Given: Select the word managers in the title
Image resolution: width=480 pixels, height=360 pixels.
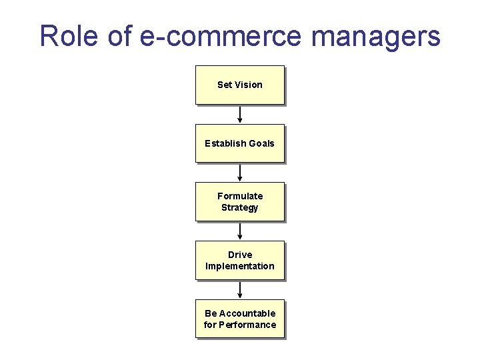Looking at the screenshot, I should pos(376,37).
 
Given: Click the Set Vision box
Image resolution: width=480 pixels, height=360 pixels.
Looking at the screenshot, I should pos(240,85).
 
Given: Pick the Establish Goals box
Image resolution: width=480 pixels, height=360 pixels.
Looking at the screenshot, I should pos(240,143).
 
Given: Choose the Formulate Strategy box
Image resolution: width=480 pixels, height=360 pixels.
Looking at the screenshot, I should pos(240,201).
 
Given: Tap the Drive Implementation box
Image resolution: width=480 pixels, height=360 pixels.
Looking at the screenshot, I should pos(240,260).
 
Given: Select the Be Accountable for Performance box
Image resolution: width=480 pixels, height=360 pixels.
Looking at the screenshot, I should pos(240,319).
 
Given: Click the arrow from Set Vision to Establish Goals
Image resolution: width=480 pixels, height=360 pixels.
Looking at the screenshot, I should pos(240,115).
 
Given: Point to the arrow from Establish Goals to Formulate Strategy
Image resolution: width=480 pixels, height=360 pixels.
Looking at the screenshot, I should pos(240,173).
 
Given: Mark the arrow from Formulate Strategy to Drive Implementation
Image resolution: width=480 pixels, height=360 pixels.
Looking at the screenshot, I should pos(240,231).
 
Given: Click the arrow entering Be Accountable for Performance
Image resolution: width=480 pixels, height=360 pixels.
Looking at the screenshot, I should pos(240,290).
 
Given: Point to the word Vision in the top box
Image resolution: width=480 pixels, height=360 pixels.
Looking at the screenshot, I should pos(249,85).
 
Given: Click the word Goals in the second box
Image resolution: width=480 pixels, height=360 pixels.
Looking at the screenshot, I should pos(261,143).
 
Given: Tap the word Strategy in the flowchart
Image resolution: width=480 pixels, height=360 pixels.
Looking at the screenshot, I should pos(240,207).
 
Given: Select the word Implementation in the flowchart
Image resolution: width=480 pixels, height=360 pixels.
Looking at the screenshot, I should pos(240,266).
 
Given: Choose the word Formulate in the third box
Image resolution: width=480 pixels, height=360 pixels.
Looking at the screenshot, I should pos(240,196).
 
